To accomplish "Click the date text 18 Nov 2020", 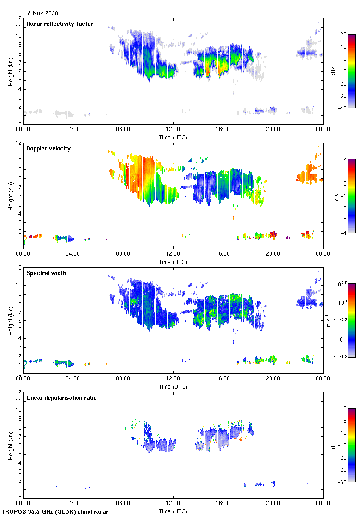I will [42, 13].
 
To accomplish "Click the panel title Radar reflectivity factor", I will [60, 24].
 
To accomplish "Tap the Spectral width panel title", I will [47, 273].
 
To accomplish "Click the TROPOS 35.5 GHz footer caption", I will [55, 512].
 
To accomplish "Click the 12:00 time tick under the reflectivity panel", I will [173, 129].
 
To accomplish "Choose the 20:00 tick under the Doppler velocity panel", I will [273, 254].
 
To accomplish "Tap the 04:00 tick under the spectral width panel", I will [73, 379].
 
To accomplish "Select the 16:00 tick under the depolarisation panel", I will [223, 503].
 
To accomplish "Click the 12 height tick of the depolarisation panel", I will [18, 392].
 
